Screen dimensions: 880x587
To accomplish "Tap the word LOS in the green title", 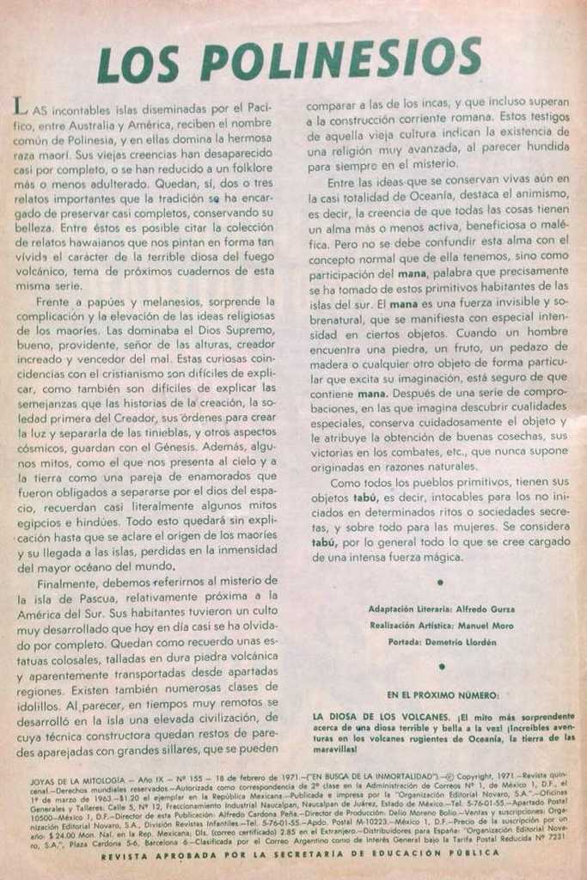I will point(138,64).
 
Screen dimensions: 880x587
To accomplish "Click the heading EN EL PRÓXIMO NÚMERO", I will point(442,694).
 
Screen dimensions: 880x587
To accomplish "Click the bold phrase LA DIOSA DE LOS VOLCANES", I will point(378,716).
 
